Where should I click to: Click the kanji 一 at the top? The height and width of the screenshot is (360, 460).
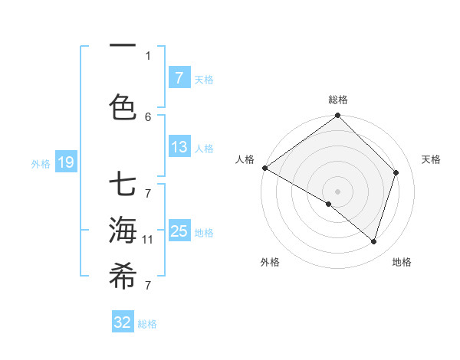(123, 47)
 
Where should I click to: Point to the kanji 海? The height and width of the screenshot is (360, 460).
(123, 230)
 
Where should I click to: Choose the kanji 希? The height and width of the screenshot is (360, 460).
(123, 277)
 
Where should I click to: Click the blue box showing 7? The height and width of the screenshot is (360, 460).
(179, 77)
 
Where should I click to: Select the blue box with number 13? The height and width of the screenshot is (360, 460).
(179, 147)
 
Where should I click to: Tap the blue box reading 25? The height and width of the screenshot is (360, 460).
(179, 231)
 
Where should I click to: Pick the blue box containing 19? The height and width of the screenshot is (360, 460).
(65, 162)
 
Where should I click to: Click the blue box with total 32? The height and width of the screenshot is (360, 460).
(123, 322)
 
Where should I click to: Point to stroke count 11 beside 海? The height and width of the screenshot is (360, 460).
(147, 240)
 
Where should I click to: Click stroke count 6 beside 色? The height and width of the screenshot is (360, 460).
(148, 116)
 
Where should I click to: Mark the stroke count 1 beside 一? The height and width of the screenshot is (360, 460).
(148, 55)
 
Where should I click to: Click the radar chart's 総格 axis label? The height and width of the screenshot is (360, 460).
(337, 100)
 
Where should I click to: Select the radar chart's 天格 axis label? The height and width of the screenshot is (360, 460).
(431, 159)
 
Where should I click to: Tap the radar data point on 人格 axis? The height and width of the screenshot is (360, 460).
(264, 168)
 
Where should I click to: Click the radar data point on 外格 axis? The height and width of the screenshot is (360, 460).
(329, 204)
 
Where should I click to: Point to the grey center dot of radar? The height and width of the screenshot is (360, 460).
(337, 191)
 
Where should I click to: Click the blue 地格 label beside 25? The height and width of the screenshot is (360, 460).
(205, 232)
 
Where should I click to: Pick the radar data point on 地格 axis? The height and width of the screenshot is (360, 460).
(374, 241)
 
